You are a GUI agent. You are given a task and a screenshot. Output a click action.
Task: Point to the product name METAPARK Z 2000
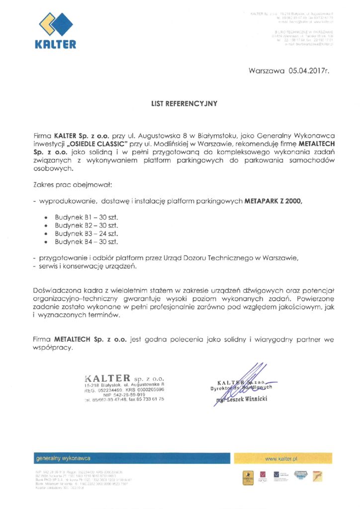[273, 202]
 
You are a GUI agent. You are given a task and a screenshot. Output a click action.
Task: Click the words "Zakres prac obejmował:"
[73, 185]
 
